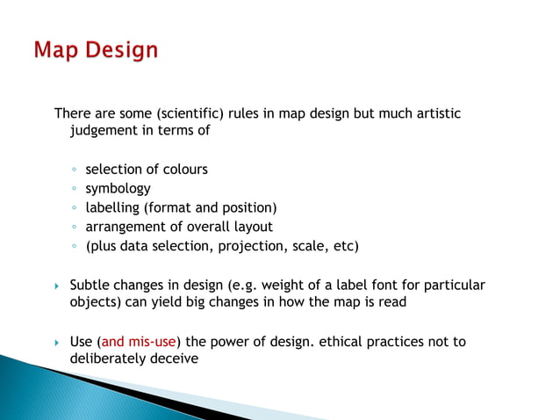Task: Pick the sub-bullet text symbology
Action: click(118, 188)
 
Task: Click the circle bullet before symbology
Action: click(75, 189)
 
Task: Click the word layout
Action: click(252, 227)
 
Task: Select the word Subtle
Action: click(90, 286)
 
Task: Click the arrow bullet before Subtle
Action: click(56, 286)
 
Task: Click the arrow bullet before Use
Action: click(56, 343)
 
